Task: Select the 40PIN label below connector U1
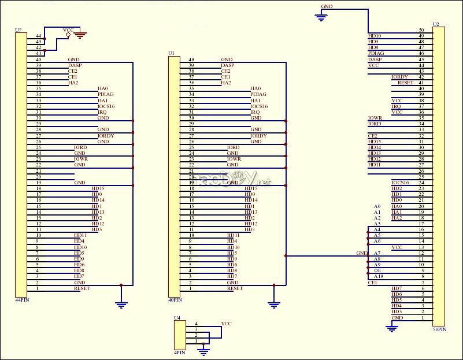[x=174, y=300]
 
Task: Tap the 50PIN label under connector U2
[x=439, y=329]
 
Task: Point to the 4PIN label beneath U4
[x=180, y=352]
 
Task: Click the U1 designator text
[x=171, y=53]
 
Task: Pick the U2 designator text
[x=435, y=24]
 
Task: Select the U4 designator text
[x=177, y=318]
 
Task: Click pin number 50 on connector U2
[x=421, y=30]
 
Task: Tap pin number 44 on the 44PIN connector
[x=38, y=36]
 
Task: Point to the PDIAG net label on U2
[x=376, y=54]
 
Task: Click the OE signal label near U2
[x=377, y=271]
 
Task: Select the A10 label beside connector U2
[x=377, y=277]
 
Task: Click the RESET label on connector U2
[x=405, y=83]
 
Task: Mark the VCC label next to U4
[x=226, y=324]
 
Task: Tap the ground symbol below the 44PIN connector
[x=121, y=304]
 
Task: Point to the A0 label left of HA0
[x=377, y=206]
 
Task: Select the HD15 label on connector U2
[x=374, y=142]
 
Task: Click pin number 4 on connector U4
[x=197, y=324]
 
